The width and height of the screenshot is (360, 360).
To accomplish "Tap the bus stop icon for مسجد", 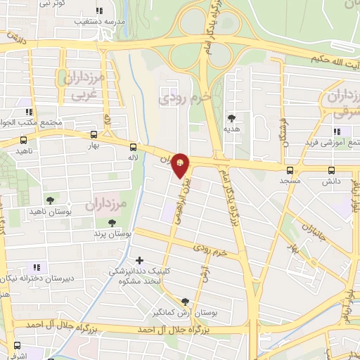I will (x=290, y=171).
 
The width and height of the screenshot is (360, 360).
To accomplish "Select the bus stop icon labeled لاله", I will (x=133, y=147).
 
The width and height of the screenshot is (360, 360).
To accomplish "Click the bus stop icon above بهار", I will (x=94, y=134).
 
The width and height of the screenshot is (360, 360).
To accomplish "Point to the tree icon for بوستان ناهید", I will (x=49, y=200).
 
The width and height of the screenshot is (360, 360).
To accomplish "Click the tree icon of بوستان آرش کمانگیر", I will (x=185, y=300).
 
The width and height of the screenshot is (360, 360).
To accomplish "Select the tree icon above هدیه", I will (x=231, y=118).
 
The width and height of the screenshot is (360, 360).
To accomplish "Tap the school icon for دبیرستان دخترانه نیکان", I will (x=37, y=266).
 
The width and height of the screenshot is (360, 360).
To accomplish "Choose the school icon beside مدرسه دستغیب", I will (x=98, y=11).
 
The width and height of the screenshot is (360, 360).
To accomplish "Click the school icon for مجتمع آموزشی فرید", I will (x=337, y=131).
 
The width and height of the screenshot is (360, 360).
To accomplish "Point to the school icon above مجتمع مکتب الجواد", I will (x=29, y=112).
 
